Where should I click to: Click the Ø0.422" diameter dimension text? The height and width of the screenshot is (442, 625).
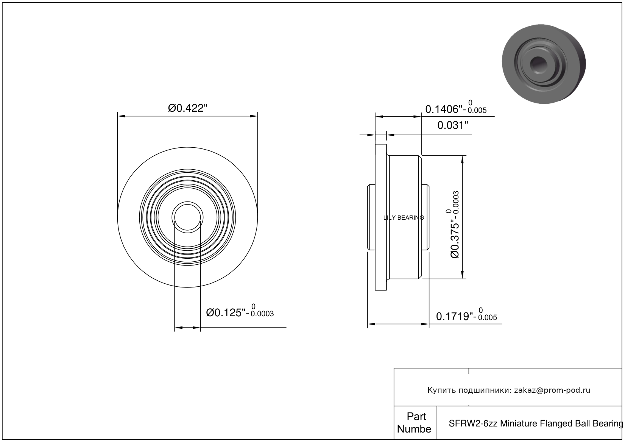(187, 108)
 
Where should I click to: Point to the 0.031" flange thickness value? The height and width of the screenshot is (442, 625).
(453, 125)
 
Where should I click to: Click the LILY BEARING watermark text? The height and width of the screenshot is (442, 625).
(404, 218)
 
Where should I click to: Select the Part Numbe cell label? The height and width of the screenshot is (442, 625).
(415, 423)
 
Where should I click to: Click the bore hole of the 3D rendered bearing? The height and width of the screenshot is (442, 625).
(539, 65)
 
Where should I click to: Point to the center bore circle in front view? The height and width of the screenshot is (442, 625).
(187, 217)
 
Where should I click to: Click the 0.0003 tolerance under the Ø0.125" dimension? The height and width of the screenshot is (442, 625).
(262, 314)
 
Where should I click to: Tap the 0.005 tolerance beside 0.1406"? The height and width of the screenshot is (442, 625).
(477, 110)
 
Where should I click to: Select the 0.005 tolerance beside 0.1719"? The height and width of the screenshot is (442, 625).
(488, 317)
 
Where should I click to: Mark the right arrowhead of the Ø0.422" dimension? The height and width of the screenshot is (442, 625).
(254, 116)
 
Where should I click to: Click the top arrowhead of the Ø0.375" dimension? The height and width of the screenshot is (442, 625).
(462, 159)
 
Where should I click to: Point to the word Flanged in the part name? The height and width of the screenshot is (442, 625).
(556, 423)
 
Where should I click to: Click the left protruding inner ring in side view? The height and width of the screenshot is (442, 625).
(371, 217)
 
